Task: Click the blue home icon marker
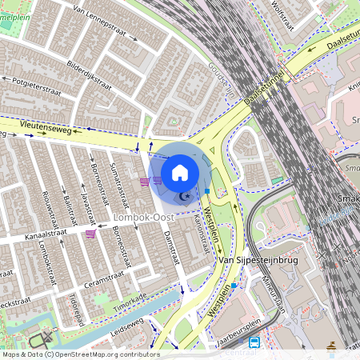point(180,172)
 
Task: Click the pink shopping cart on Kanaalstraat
point(90,234)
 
